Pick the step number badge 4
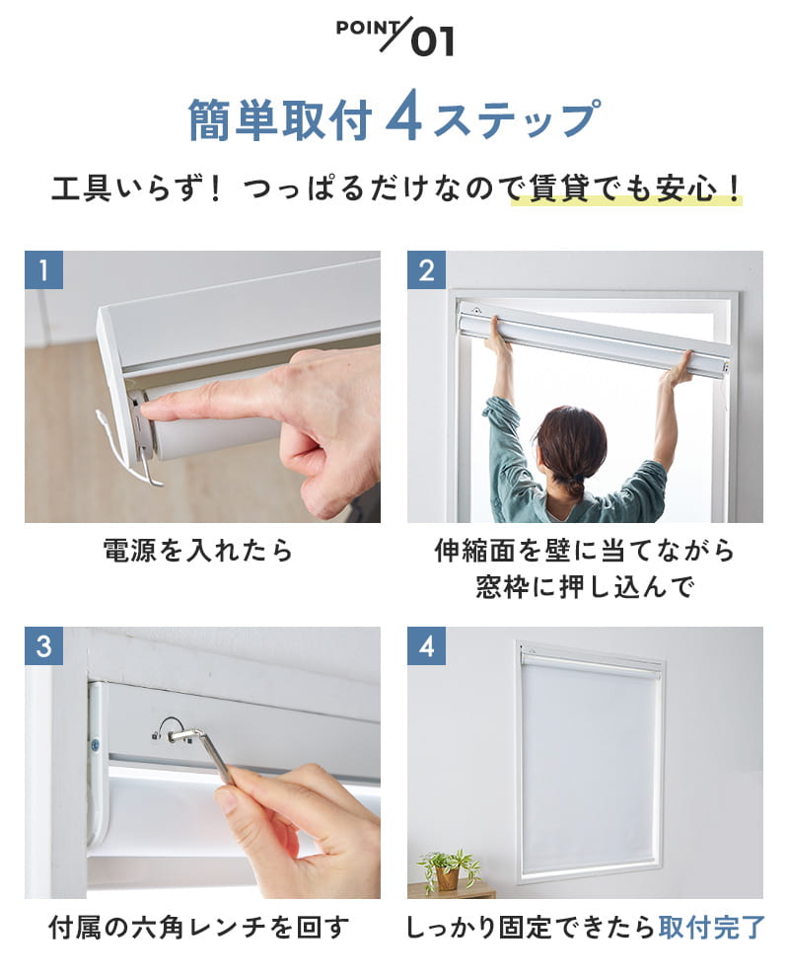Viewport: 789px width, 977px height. (426, 646)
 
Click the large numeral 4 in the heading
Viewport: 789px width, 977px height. (404, 119)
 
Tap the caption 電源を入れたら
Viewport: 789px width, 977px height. (198, 551)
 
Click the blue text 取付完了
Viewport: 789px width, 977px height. (713, 928)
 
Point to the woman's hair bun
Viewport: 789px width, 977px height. (571, 485)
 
